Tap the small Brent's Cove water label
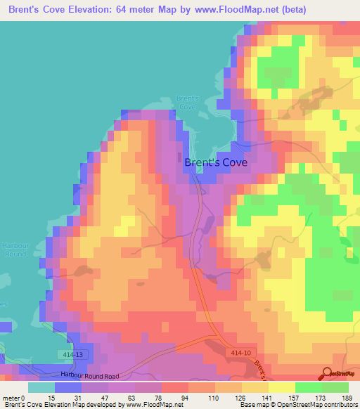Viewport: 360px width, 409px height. pos(188,103)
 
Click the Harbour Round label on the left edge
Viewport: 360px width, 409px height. pos(12,249)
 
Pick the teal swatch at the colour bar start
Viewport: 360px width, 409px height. pos(41,388)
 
